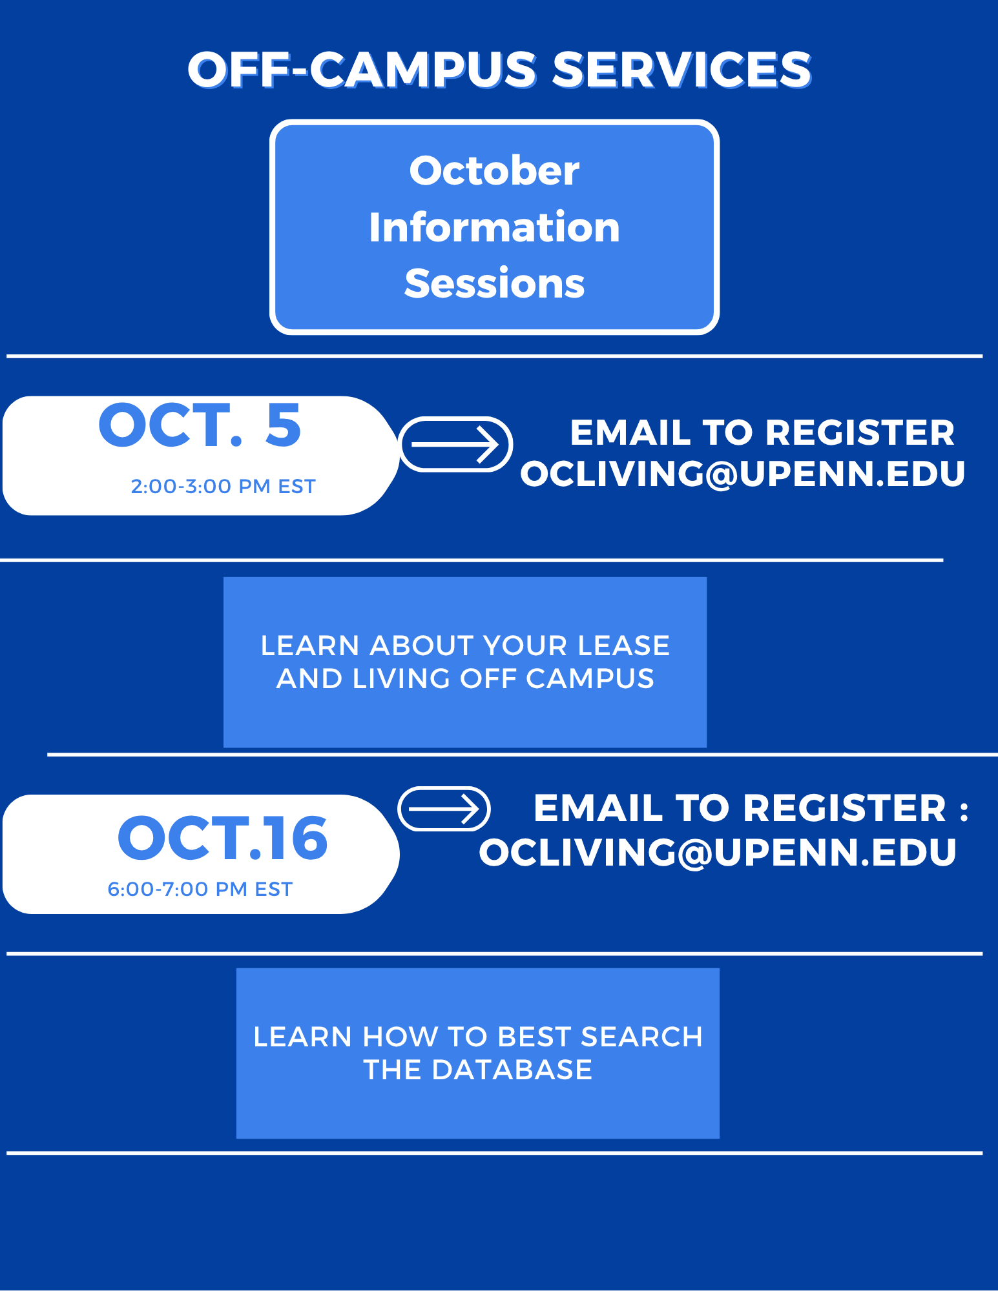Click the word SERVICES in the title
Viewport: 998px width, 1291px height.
coord(682,70)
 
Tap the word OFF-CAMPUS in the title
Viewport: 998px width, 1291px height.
coord(362,70)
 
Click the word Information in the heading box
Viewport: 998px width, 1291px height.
coord(495,227)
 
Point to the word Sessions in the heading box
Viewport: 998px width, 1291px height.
coord(495,283)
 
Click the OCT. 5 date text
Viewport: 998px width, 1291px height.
coord(200,425)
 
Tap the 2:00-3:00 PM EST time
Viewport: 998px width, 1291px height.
coord(223,486)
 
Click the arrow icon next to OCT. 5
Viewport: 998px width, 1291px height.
coord(456,444)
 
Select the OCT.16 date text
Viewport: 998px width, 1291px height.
coord(223,838)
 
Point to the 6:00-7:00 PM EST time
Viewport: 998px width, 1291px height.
coord(200,889)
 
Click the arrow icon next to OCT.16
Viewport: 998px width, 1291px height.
coord(444,808)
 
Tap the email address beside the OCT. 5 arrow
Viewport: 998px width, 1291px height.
coord(743,474)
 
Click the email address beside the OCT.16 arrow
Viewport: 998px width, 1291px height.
coord(718,852)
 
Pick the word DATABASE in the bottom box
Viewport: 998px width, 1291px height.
coord(512,1070)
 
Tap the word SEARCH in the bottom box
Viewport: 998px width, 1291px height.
coord(641,1037)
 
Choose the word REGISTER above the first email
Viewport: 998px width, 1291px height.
coord(860,432)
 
